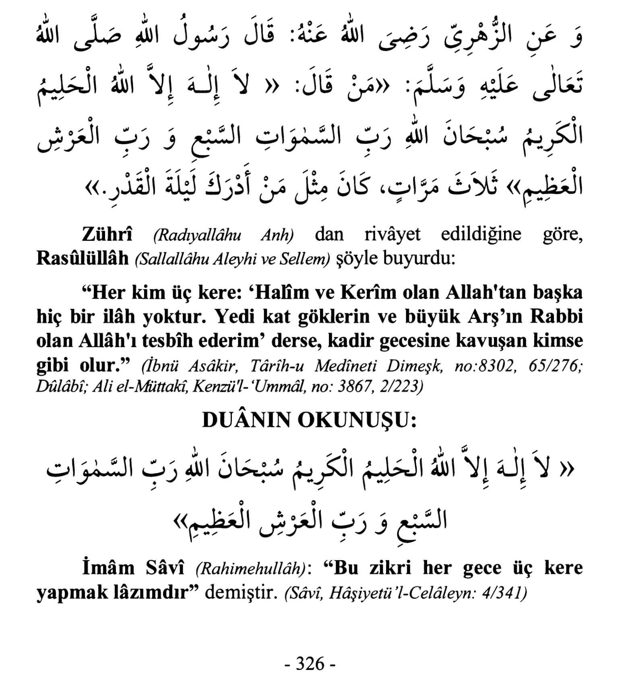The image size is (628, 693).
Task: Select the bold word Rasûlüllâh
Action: (x=82, y=259)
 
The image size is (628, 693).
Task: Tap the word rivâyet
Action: (x=392, y=234)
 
